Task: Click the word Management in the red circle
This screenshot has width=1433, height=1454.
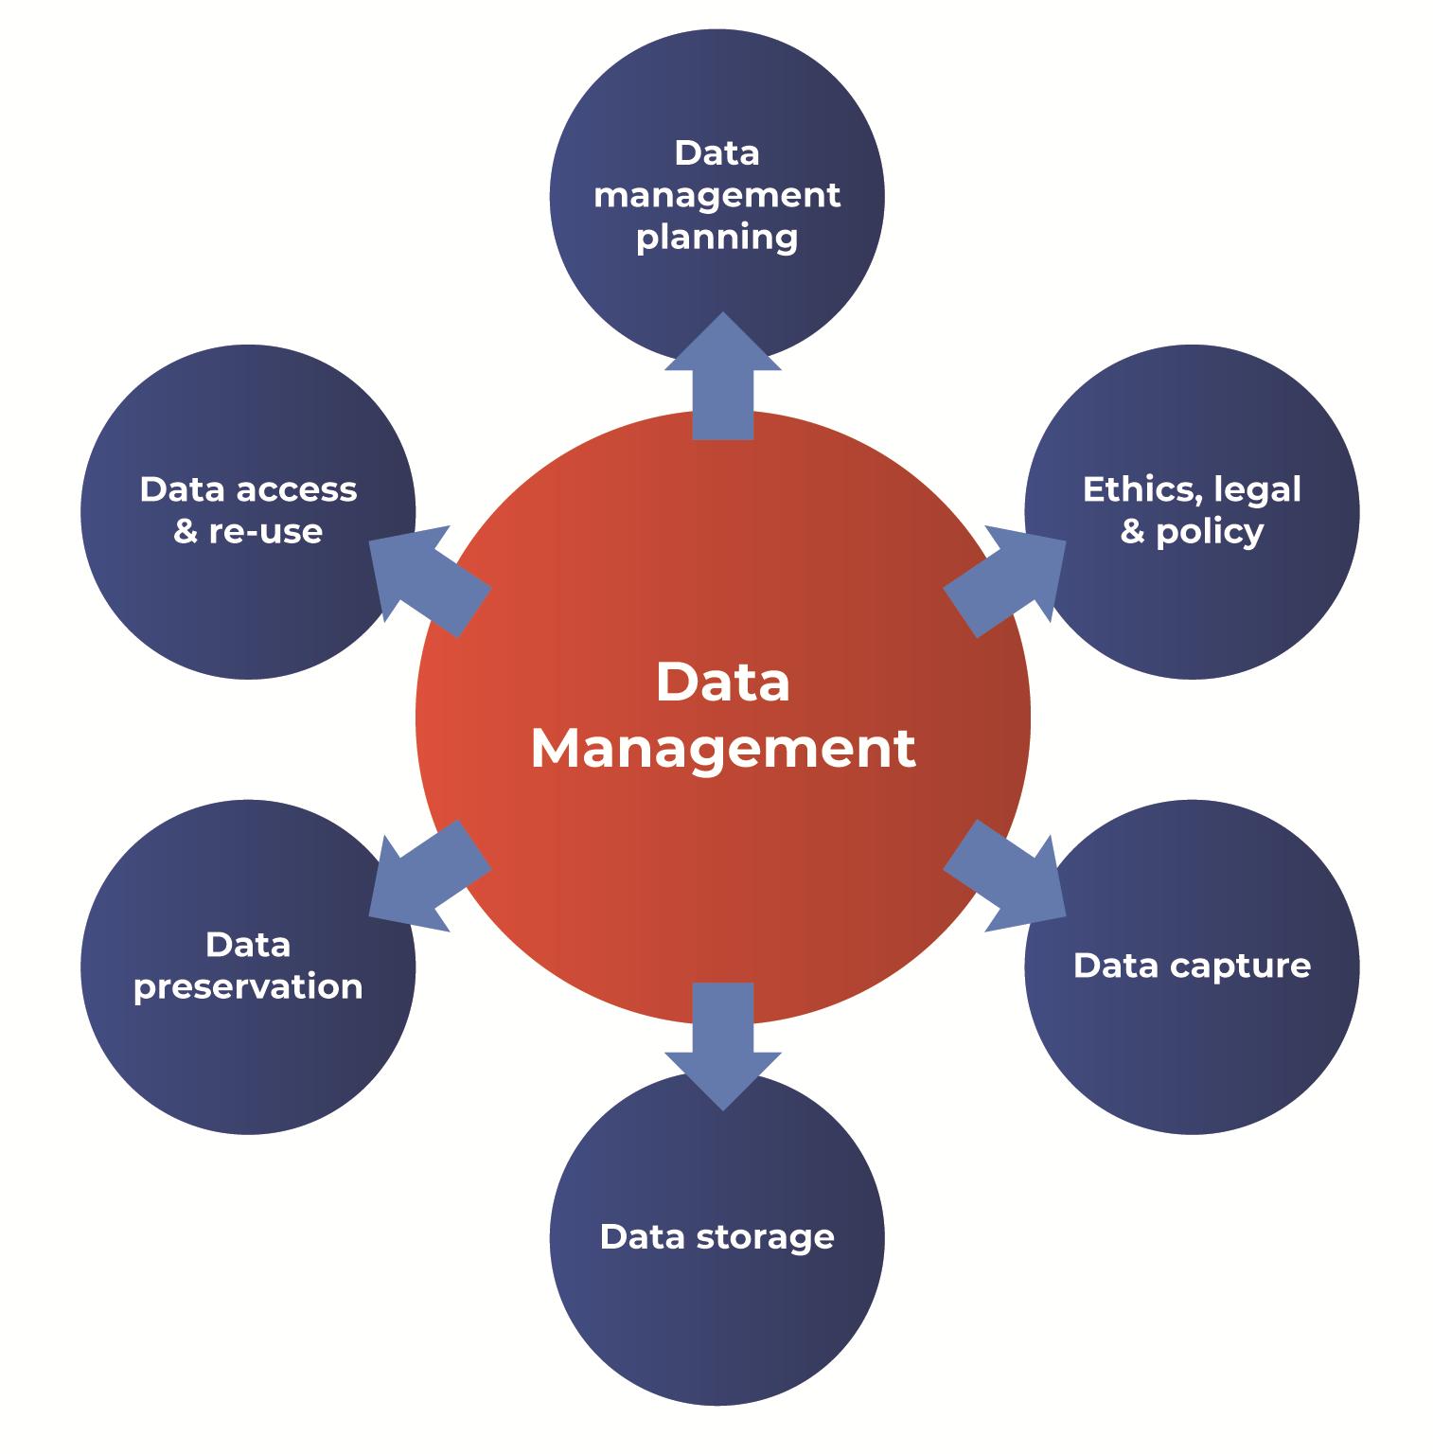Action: (722, 750)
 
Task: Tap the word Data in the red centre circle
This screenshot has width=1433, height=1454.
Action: (722, 683)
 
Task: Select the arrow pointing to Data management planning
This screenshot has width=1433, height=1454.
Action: (722, 379)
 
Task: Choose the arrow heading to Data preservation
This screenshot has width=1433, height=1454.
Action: (427, 876)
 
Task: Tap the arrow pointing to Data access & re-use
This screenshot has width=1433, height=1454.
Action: (427, 577)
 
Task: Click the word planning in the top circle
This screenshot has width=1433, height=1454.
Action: (716, 238)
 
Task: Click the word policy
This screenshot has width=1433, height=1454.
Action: (1209, 532)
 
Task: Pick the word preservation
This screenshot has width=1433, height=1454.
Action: (248, 987)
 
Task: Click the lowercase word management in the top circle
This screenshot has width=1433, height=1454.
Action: (716, 196)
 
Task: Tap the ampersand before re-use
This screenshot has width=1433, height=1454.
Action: (186, 531)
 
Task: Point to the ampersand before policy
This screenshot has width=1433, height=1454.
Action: (1132, 531)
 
